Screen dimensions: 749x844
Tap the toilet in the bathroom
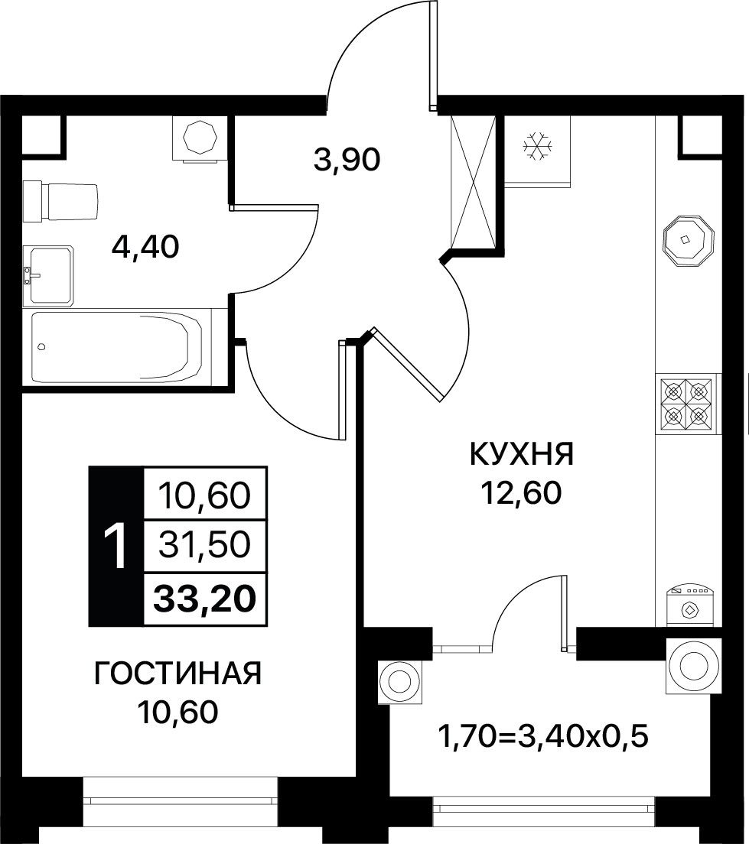pyautogui.click(x=61, y=201)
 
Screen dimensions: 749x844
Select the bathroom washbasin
pyautogui.click(x=48, y=276)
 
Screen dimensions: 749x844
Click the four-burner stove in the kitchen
pyautogui.click(x=685, y=403)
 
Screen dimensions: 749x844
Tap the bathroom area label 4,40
pyautogui.click(x=145, y=248)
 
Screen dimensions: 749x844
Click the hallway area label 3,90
pyautogui.click(x=347, y=160)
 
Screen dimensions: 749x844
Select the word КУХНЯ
pyautogui.click(x=522, y=454)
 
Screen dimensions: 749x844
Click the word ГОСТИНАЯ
pyautogui.click(x=177, y=674)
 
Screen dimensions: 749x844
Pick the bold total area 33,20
pyautogui.click(x=204, y=599)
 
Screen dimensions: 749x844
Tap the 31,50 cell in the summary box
pyautogui.click(x=205, y=545)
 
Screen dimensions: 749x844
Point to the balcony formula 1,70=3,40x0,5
pyautogui.click(x=543, y=736)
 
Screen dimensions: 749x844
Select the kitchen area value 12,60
pyautogui.click(x=522, y=493)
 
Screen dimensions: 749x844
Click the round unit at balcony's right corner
pyautogui.click(x=693, y=667)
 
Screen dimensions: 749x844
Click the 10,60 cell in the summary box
pyautogui.click(x=205, y=495)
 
